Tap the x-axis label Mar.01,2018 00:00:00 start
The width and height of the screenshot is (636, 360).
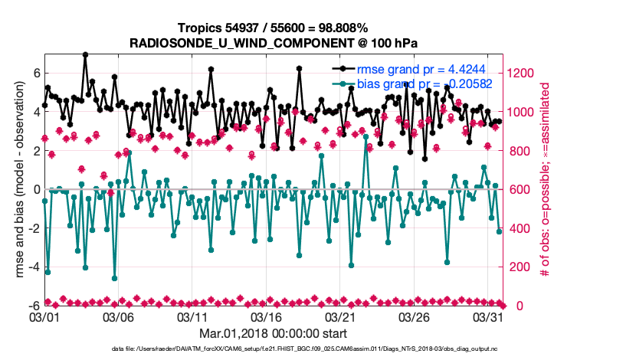pos(273,334)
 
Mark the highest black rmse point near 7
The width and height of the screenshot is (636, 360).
pos(85,55)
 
